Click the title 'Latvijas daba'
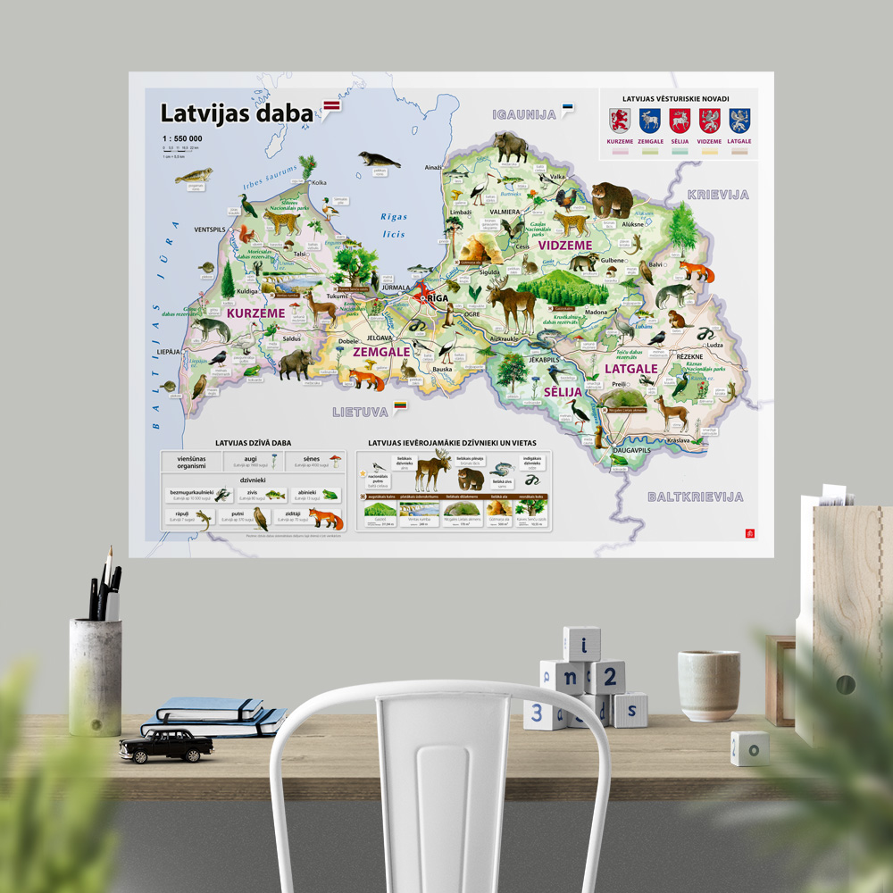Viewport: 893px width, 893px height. pos(237,113)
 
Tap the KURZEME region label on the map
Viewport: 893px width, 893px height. pos(255,313)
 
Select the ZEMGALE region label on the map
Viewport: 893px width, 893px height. pos(381,352)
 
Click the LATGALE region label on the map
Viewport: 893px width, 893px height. pos(630,368)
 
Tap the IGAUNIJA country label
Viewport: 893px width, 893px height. pos(524,114)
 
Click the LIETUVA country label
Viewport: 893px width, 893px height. pos(360,412)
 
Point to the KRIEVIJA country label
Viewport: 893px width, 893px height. pos(717,194)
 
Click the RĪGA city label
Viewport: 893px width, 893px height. pos(437,298)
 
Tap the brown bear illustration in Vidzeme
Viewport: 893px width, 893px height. pos(612,198)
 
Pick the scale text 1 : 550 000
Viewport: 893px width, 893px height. pos(182,138)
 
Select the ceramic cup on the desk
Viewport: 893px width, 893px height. pos(708,684)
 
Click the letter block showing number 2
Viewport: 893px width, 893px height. pos(609,677)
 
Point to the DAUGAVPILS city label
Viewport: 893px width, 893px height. pos(632,451)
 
